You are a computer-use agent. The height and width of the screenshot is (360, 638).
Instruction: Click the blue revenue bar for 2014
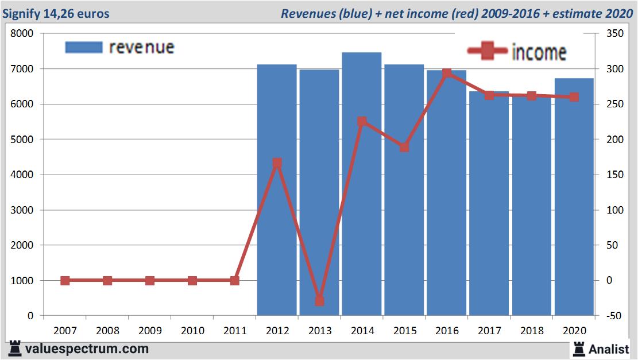point(362,184)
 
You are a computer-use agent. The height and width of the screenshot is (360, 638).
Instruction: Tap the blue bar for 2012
point(277,189)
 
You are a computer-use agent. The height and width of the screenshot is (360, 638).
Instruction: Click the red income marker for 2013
point(319,301)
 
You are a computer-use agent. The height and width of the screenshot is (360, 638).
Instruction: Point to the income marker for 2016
point(447,73)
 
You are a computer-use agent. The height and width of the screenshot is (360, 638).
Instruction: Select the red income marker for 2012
point(277,163)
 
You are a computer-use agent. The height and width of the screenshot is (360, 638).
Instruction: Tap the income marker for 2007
point(65,281)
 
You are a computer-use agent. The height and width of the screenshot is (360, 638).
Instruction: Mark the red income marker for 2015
point(404,147)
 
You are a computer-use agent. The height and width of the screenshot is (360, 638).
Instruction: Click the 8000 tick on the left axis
point(23,34)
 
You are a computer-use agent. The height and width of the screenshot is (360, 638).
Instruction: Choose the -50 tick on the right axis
point(606,316)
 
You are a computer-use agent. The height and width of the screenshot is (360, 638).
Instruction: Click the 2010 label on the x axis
point(192,331)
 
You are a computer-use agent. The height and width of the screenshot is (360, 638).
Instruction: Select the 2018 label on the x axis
point(532,331)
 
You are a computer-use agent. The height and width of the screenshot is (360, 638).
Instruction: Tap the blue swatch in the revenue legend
point(83,47)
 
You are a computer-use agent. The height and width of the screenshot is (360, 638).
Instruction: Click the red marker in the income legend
point(488,51)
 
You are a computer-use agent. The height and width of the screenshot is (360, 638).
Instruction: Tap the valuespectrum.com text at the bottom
point(86,349)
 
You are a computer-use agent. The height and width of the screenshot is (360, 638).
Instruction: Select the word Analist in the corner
point(609,349)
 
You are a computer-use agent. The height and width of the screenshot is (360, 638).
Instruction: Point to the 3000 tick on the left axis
point(23,210)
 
